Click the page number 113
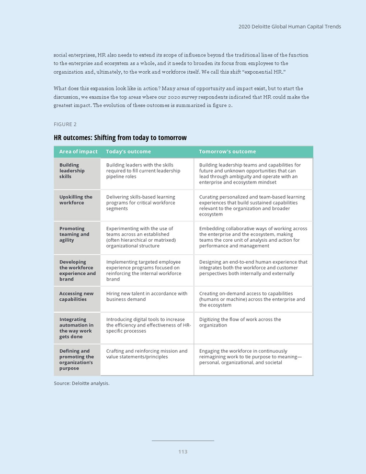coord(182,452)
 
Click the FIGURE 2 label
coord(65,124)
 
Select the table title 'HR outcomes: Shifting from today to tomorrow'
coord(120,138)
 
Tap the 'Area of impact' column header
coord(78,152)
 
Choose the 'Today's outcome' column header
coord(128,152)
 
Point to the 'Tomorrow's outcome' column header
coord(227,152)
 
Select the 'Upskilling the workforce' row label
coord(76,200)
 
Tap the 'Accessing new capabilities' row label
coord(76,297)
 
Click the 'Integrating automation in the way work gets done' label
coord(76,328)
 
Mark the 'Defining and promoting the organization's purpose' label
coord(76,359)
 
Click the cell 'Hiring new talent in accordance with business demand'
coord(146,297)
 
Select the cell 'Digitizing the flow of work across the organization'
coord(240,322)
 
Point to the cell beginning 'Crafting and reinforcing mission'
coord(146,354)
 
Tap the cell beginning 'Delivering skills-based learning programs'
coord(141,202)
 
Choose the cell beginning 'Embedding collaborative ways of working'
coord(253,237)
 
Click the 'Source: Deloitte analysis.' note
coord(82,383)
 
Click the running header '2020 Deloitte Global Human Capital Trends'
coord(289,27)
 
